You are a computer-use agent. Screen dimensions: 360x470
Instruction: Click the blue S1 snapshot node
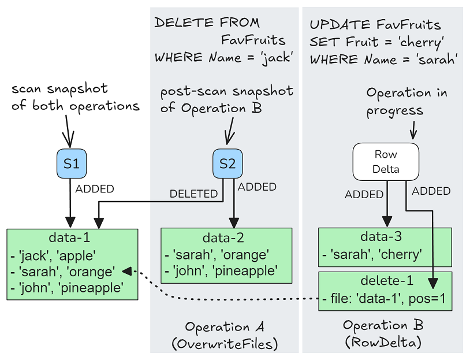pos(71,164)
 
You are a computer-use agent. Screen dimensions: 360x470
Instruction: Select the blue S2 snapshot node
pos(228,164)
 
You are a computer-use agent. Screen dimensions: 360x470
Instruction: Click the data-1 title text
pos(72,237)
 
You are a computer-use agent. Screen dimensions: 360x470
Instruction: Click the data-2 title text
pos(226,237)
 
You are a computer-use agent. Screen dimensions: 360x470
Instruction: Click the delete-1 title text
pos(385,281)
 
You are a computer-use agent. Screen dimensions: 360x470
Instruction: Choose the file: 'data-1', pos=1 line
pos(385,299)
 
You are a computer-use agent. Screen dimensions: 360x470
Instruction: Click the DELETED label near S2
pos(193,194)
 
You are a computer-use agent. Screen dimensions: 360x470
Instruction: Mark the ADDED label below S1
pos(95,189)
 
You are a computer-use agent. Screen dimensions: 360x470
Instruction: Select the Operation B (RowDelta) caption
pos(383,334)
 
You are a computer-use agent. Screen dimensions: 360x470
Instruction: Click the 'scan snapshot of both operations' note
pos(75,97)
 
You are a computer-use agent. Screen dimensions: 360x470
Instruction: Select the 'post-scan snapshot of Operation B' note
pos(226,99)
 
